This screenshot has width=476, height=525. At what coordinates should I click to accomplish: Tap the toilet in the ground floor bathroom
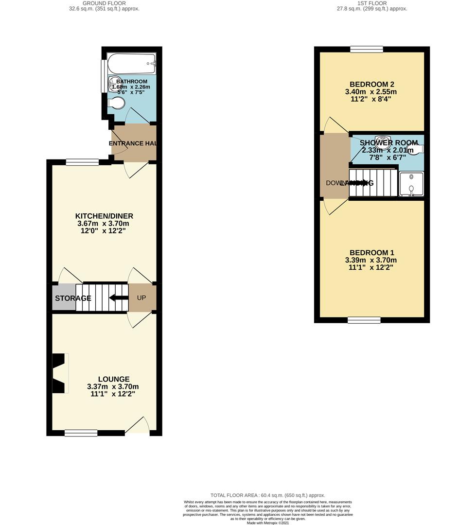117,103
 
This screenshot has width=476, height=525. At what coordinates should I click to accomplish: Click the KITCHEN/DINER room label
104,216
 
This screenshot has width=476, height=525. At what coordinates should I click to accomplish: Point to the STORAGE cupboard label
73,298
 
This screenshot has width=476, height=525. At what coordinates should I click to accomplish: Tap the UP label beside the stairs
141,297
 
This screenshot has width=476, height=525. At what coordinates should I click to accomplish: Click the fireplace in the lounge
58,372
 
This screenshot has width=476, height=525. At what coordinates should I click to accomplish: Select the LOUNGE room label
114,379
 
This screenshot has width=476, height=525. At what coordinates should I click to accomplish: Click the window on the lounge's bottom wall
81,433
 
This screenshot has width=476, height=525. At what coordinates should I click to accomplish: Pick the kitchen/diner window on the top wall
82,162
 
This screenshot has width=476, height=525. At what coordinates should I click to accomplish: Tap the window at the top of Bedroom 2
367,49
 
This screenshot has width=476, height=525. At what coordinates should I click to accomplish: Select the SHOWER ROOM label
389,143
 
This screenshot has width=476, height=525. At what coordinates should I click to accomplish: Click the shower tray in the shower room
411,184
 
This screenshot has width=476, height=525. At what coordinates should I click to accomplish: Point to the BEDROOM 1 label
372,253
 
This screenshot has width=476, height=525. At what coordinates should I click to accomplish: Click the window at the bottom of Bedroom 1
364,320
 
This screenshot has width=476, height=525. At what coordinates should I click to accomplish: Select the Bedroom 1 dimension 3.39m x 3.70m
372,260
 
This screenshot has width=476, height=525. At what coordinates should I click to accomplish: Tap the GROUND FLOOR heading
104,3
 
